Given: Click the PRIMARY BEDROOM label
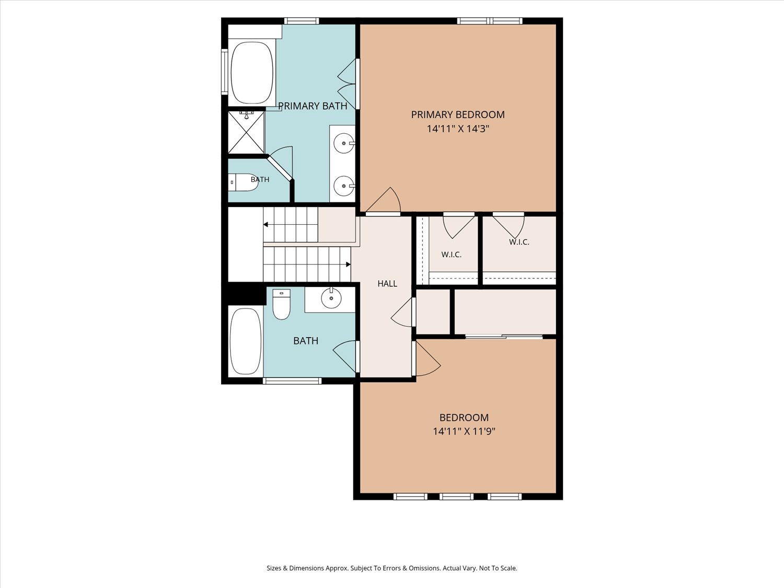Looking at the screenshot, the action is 457,114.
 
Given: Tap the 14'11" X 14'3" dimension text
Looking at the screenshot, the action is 457,129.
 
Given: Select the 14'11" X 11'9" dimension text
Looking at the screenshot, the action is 464,431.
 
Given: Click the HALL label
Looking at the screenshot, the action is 387,283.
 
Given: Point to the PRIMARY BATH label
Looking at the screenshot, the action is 313,106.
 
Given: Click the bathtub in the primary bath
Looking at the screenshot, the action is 252,73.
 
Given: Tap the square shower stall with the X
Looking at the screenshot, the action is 246,132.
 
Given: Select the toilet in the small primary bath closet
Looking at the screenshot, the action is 243,182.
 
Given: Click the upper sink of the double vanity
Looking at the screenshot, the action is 343,143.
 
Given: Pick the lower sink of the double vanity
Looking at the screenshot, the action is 343,186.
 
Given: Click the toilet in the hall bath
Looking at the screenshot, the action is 281,304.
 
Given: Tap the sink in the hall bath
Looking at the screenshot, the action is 331,298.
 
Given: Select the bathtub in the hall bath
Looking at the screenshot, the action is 245,341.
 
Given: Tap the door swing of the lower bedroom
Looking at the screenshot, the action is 428,358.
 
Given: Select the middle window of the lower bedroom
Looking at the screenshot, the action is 456,497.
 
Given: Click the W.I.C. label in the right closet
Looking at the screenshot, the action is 519,242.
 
